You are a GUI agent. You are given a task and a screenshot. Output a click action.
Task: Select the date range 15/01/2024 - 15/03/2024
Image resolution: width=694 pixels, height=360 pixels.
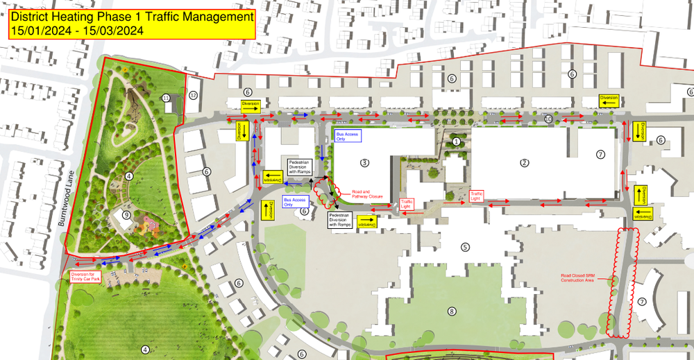76,31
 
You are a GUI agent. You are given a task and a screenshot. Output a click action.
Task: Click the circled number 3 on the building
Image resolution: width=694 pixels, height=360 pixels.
364,163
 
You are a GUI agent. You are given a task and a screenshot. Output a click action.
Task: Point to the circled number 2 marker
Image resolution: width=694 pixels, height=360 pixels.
525,163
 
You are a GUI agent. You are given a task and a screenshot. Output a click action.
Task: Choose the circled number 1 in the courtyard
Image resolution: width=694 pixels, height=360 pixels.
456,142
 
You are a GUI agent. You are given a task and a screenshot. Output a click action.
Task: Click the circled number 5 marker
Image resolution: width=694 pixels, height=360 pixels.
465,246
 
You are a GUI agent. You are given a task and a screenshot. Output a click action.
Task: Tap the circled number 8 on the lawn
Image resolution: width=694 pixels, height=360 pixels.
452,311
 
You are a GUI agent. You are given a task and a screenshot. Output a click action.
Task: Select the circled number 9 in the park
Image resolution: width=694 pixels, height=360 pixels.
126,216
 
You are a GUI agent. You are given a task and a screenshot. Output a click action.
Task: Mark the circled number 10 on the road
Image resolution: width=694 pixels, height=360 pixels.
548,119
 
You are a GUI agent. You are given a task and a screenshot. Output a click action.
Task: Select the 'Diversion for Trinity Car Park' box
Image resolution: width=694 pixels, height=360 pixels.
86,276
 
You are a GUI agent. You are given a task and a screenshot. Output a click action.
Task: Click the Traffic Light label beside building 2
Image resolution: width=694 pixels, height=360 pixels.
477,196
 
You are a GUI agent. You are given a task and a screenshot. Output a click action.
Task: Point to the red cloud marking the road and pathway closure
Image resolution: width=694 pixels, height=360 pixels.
324,191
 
